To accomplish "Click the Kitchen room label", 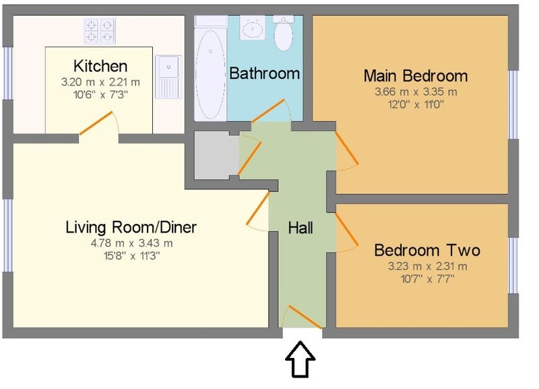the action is click(x=100, y=66).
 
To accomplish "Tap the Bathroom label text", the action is click(x=264, y=73).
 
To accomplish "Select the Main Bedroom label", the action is click(x=416, y=76).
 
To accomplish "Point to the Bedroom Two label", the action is click(x=427, y=250).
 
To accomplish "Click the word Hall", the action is click(x=300, y=228).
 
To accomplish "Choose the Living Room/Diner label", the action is click(x=131, y=227).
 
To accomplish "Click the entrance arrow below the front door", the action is click(x=300, y=359).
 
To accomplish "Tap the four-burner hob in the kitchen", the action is click(x=100, y=30).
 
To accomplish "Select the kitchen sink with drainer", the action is click(x=168, y=77).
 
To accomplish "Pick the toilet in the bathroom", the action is click(x=284, y=33).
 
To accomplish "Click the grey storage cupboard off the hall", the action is click(x=216, y=155).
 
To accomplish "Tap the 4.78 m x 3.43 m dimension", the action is click(x=131, y=243).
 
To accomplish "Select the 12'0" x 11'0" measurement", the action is click(x=416, y=104).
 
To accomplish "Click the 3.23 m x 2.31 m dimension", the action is click(x=428, y=266).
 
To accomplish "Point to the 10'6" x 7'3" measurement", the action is click(x=100, y=94).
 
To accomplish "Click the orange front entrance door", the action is click(x=305, y=317).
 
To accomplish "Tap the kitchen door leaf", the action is click(x=96, y=123).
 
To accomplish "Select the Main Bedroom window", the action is click(x=513, y=104).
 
